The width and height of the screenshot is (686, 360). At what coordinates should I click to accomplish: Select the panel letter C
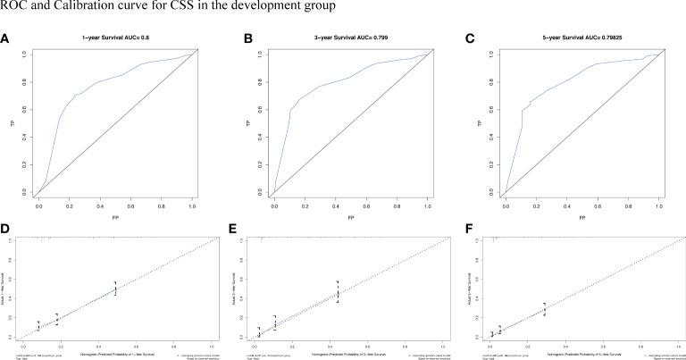point(470,39)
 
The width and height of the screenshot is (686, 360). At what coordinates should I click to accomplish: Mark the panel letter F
point(470,231)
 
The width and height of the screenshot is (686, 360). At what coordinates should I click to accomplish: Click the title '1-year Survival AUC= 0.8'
point(115,40)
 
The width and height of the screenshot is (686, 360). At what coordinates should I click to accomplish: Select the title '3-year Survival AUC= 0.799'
point(348,40)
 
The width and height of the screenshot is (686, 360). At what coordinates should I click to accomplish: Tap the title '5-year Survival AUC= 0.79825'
point(581,40)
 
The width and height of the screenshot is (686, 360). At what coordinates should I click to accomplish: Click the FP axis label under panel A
point(115,217)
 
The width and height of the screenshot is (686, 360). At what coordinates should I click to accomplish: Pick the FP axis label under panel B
point(348,217)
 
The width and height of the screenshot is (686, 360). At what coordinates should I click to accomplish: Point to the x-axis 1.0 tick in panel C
point(657,205)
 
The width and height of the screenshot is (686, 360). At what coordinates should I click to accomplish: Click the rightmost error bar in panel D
point(115,288)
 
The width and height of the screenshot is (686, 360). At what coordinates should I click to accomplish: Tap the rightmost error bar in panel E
point(338,292)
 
